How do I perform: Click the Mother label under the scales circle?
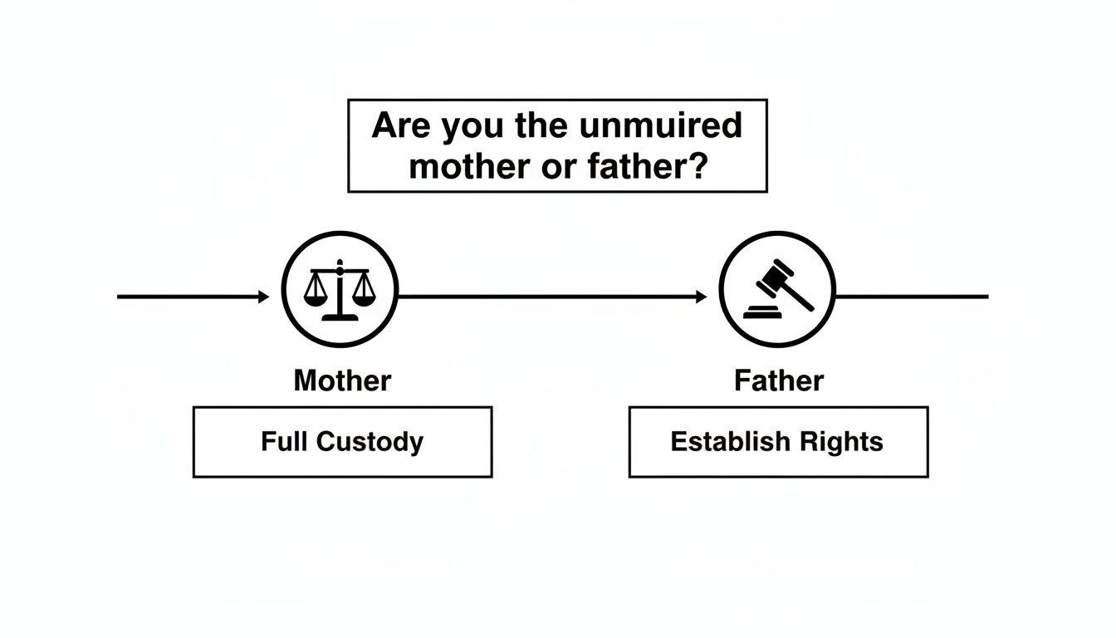[342, 381]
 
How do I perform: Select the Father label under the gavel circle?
[778, 381]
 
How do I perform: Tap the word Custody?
[370, 441]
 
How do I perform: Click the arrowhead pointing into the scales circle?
[264, 297]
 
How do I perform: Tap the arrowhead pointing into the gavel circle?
[702, 297]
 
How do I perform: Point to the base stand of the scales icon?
[340, 316]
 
